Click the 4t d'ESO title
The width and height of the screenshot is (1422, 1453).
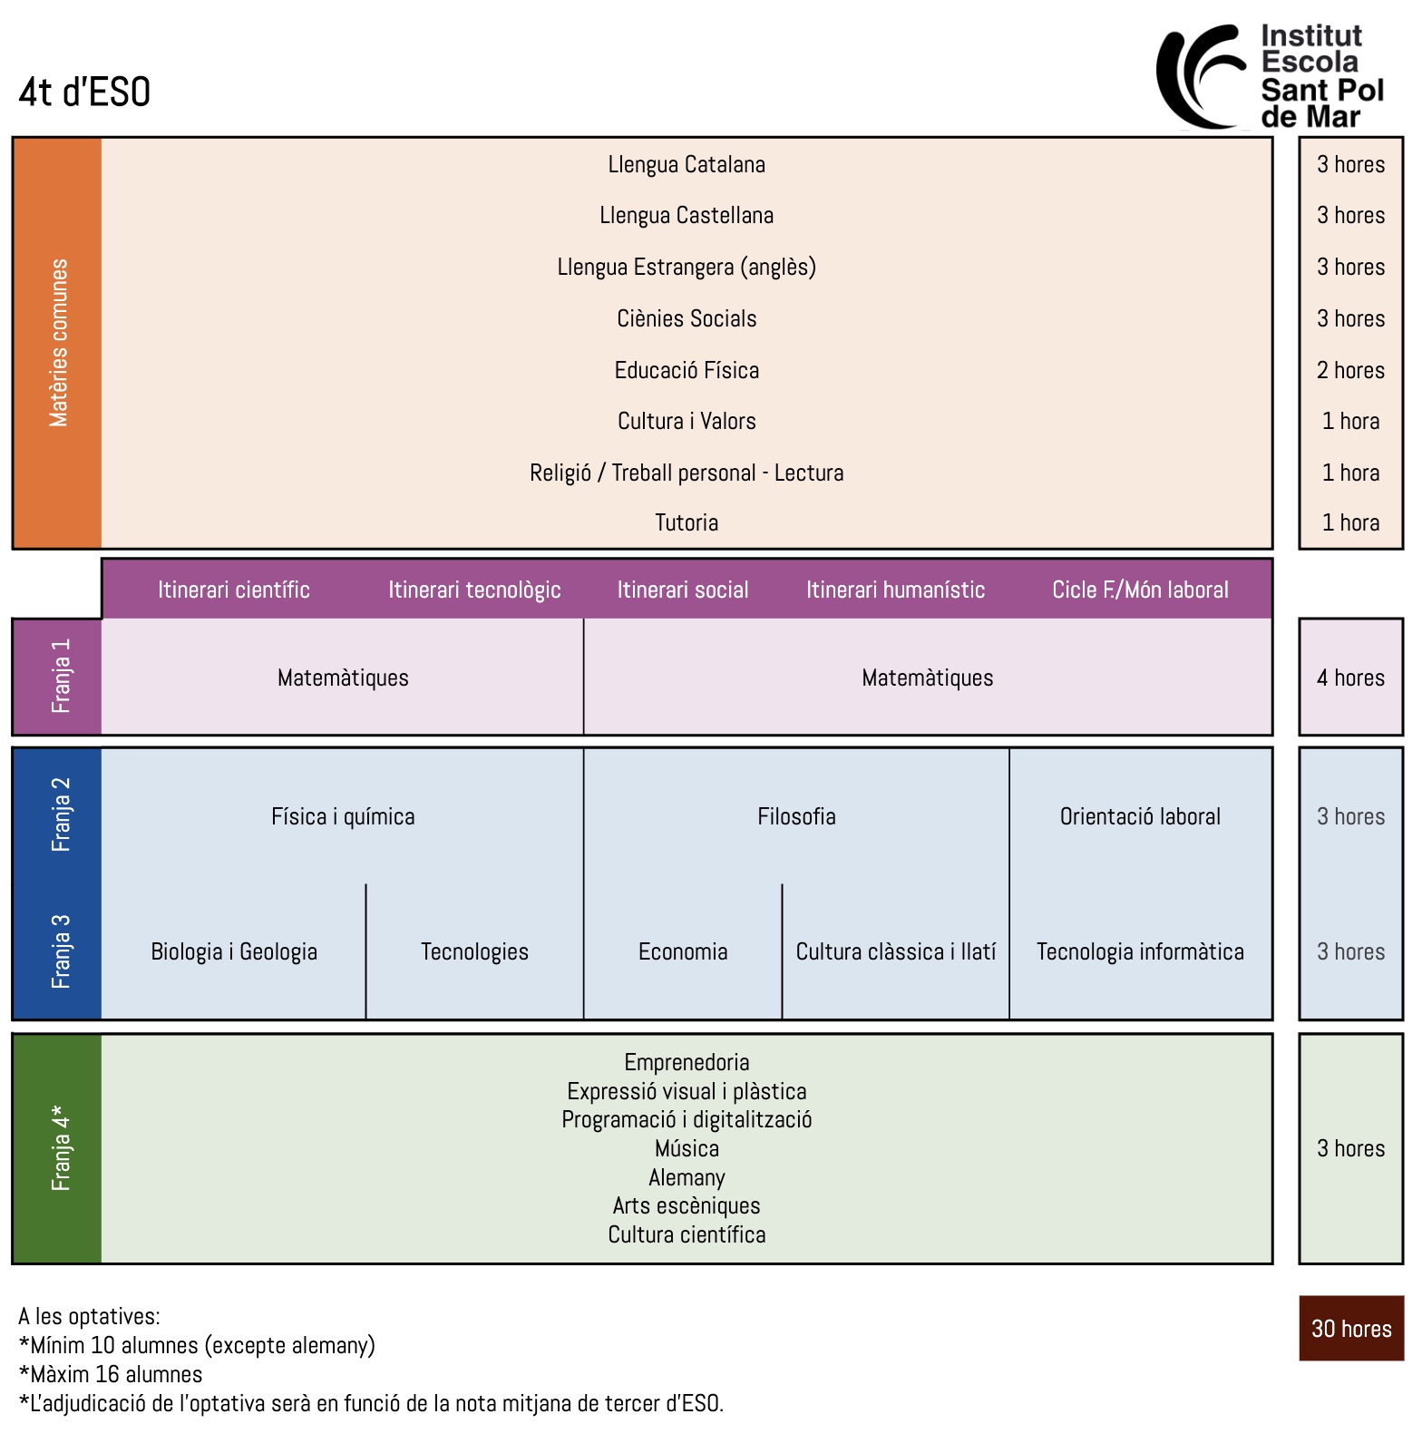84,93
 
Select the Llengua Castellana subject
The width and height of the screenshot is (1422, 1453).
687,216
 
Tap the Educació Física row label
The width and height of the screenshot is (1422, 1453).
687,370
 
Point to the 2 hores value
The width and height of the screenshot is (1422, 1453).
1350,370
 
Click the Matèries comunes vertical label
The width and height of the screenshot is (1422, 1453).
59,343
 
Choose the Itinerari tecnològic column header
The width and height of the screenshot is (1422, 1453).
474,590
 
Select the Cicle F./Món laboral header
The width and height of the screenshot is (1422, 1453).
1140,590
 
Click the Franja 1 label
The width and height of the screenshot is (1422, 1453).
60,677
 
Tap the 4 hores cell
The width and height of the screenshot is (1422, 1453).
1350,678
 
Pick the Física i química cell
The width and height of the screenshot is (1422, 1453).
343,816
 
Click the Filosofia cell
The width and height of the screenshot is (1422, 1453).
796,816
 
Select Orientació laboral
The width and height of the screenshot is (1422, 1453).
1140,816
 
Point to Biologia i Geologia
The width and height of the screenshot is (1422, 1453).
234,951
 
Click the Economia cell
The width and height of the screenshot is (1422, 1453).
683,951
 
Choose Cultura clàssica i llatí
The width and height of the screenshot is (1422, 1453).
895,951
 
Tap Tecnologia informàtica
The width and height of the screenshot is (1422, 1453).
1140,951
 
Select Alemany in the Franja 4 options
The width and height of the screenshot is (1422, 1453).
687,1177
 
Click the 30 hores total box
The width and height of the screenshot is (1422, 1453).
1350,1329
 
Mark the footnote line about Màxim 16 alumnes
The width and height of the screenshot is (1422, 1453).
111,1374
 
